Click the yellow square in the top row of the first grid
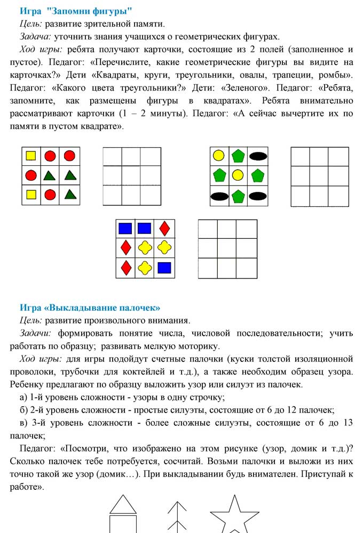tap(31, 156)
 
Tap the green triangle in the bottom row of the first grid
tap(69, 194)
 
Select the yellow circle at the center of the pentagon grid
tap(238, 174)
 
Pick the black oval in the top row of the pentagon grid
tap(258, 156)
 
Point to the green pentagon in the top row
tap(238, 156)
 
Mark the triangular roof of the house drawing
tap(123, 504)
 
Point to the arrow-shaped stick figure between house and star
tap(176, 517)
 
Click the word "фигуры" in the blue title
tap(113, 11)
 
